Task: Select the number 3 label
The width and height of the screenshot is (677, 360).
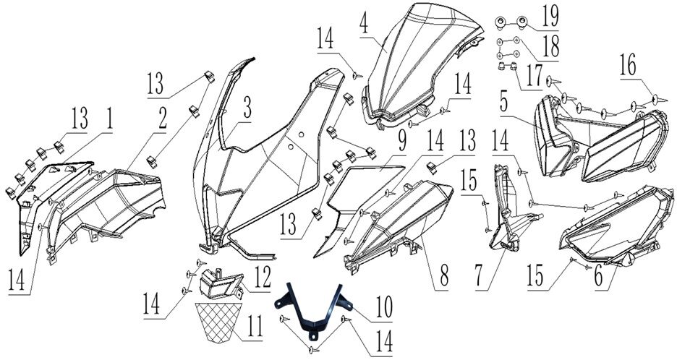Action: point(247,109)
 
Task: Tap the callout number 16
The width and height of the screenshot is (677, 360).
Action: point(627,68)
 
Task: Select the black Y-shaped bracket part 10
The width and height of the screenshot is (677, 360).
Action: point(311,313)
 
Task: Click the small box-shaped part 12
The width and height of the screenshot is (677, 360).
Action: point(218,284)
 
